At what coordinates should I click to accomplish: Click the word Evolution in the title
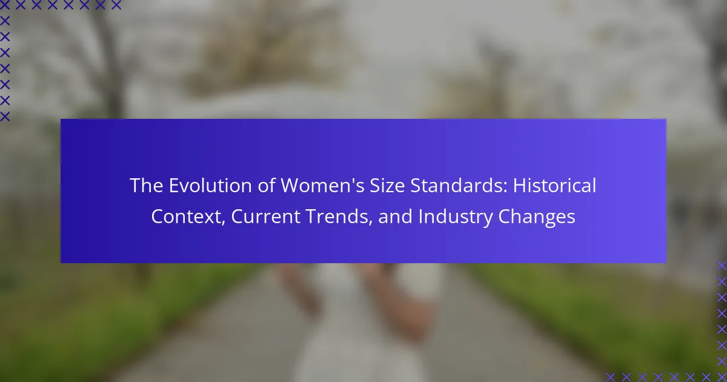tap(210, 186)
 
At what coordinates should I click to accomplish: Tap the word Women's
tap(322, 186)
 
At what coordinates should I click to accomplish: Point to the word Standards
tap(456, 186)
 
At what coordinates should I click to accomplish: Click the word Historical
tap(554, 186)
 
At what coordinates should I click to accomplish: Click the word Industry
tap(456, 216)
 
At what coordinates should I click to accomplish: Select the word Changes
tap(537, 216)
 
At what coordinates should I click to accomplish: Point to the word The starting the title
tap(147, 186)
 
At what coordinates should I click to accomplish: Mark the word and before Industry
tap(396, 216)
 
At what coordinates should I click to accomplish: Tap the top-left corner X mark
tap(5, 5)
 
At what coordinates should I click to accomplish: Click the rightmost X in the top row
tap(116, 5)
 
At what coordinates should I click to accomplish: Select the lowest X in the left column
tap(5, 116)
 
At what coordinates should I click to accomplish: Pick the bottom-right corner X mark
tap(722, 377)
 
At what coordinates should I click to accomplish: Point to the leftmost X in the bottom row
tap(611, 377)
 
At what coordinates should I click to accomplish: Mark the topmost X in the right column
tap(722, 266)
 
